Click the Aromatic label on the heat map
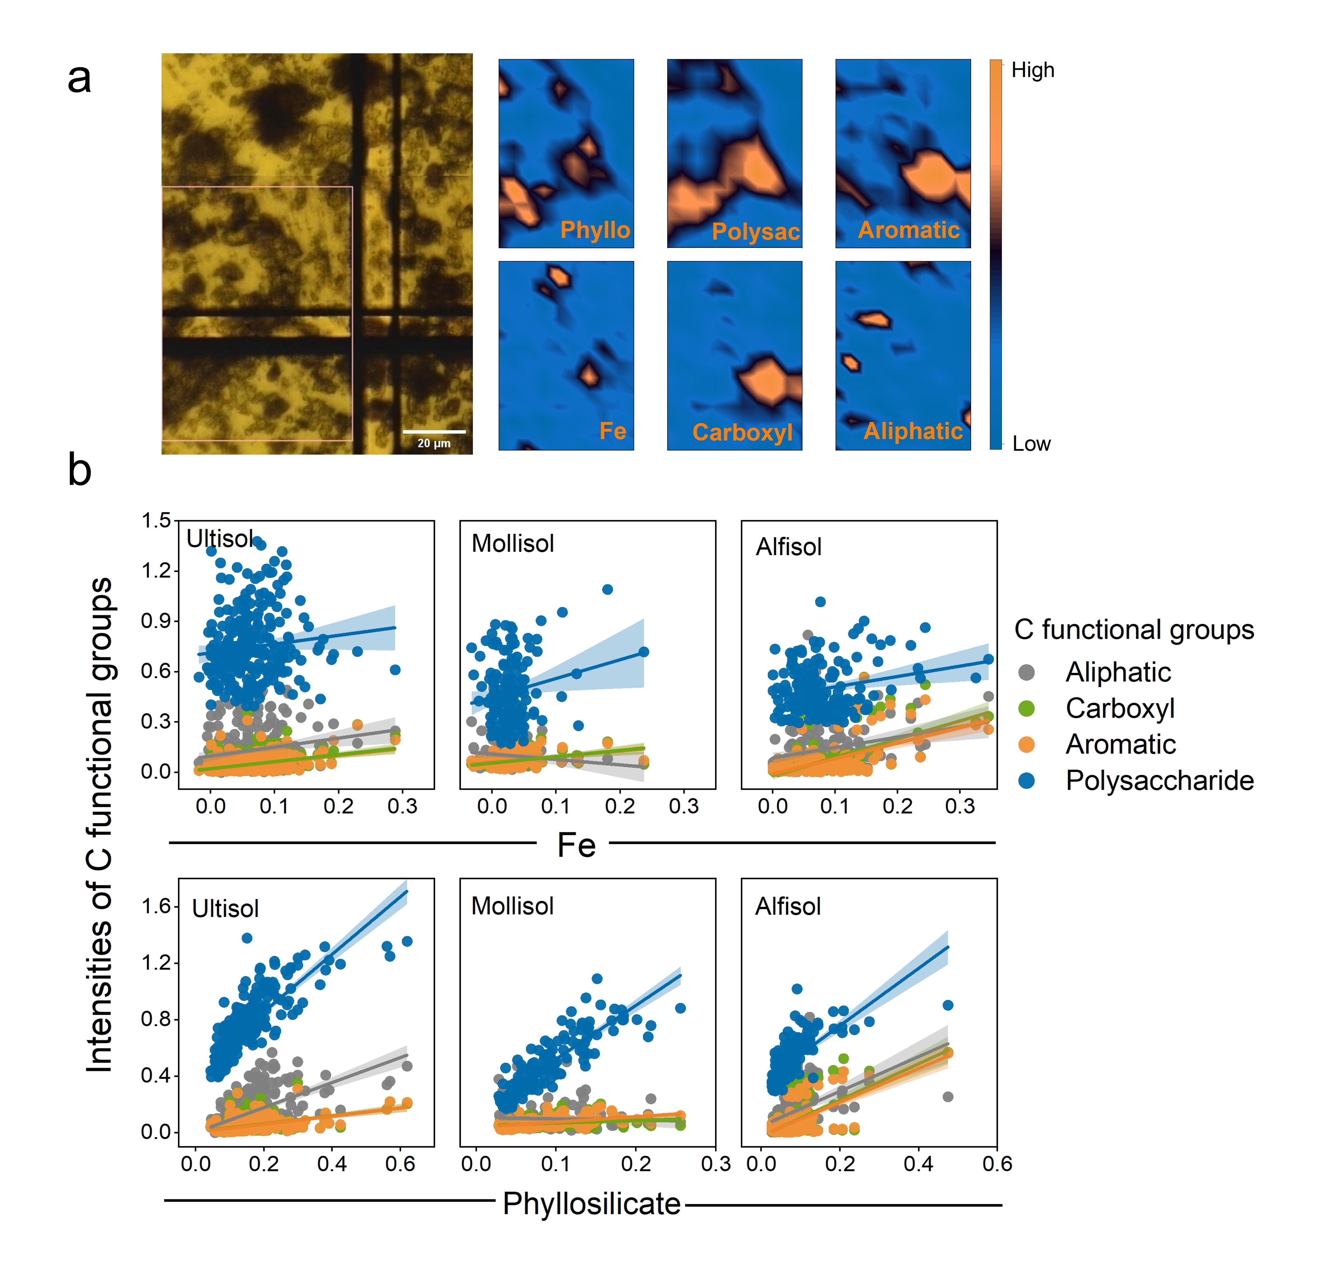click(x=908, y=230)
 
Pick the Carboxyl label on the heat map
click(x=742, y=432)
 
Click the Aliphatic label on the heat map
click(x=913, y=431)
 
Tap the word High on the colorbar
click(x=1033, y=70)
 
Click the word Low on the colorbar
click(x=1032, y=444)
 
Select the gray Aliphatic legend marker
click(x=1026, y=672)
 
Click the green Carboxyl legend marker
click(x=1026, y=708)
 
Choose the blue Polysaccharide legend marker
click(x=1026, y=780)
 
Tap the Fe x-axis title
click(x=577, y=845)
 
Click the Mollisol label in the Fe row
click(x=513, y=544)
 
